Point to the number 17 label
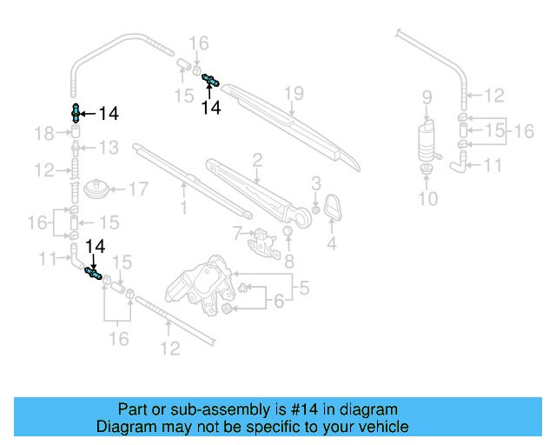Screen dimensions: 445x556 pyautogui.click(x=139, y=188)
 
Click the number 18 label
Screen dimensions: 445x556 pyautogui.click(x=44, y=133)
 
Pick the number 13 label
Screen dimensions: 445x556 pyautogui.click(x=108, y=148)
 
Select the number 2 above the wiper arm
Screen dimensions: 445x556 pyautogui.click(x=257, y=159)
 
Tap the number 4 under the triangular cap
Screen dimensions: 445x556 pyautogui.click(x=330, y=245)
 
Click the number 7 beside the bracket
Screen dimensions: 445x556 pyautogui.click(x=236, y=232)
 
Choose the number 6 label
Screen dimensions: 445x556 pyautogui.click(x=279, y=302)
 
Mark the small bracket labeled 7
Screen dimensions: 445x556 pyautogui.click(x=261, y=241)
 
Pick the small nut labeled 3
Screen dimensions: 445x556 pyautogui.click(x=315, y=209)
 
